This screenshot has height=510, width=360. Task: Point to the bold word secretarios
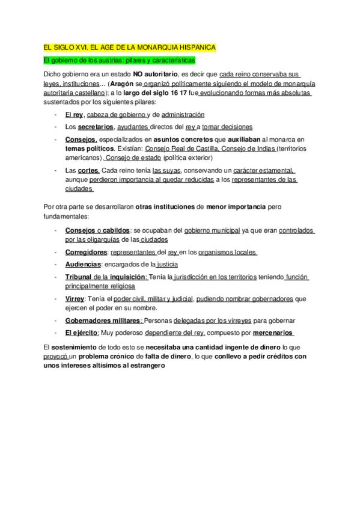[96, 127]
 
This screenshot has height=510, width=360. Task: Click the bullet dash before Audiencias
[55, 264]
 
